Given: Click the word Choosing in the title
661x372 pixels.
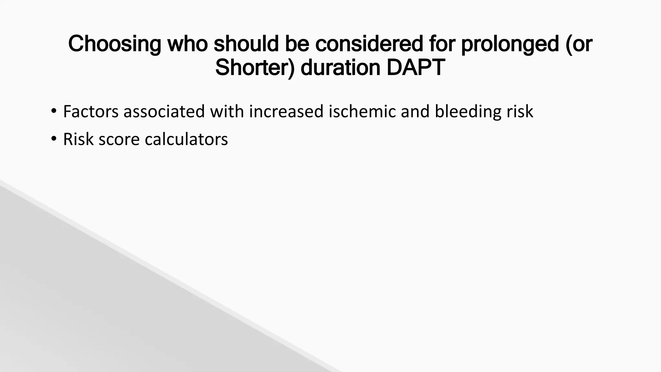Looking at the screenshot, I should click(x=115, y=44).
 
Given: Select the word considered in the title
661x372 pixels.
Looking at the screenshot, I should click(x=369, y=44).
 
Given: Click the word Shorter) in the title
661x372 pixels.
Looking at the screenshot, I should click(x=255, y=67).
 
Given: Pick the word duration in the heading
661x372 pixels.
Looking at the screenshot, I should click(x=341, y=67).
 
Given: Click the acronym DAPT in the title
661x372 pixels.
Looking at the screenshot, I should click(x=416, y=67).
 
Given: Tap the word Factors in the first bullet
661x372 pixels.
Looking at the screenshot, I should click(x=91, y=111).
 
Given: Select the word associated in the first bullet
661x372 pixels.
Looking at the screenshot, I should click(x=164, y=111).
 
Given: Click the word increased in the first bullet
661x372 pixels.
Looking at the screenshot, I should click(x=286, y=111).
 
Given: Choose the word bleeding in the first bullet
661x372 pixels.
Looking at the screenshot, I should click(x=468, y=111).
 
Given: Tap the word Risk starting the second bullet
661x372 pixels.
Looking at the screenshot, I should click(x=78, y=139).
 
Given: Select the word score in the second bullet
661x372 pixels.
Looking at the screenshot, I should click(x=119, y=139).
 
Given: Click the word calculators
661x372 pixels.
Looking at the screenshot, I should click(x=186, y=139).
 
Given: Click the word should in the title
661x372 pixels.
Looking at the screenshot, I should click(x=246, y=44).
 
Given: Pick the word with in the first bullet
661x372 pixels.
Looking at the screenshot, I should click(x=227, y=111).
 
